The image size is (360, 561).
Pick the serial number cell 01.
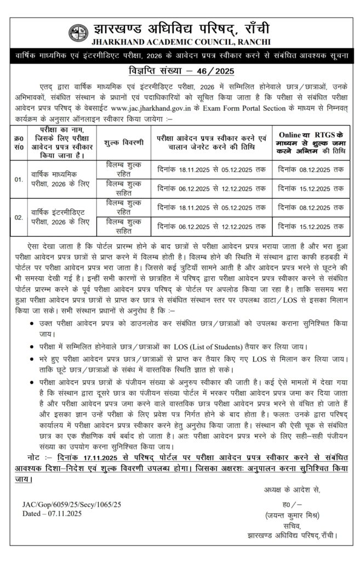tap(19, 179)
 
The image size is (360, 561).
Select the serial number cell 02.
tap(19, 217)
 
